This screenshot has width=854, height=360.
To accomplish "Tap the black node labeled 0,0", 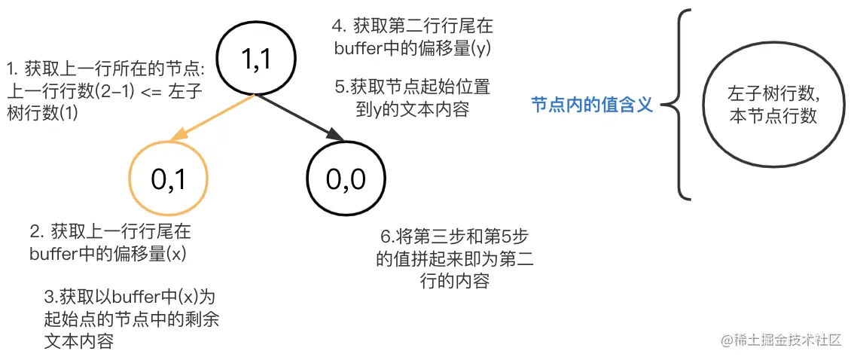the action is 346,178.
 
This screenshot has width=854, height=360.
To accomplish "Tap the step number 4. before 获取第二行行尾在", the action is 337,26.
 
